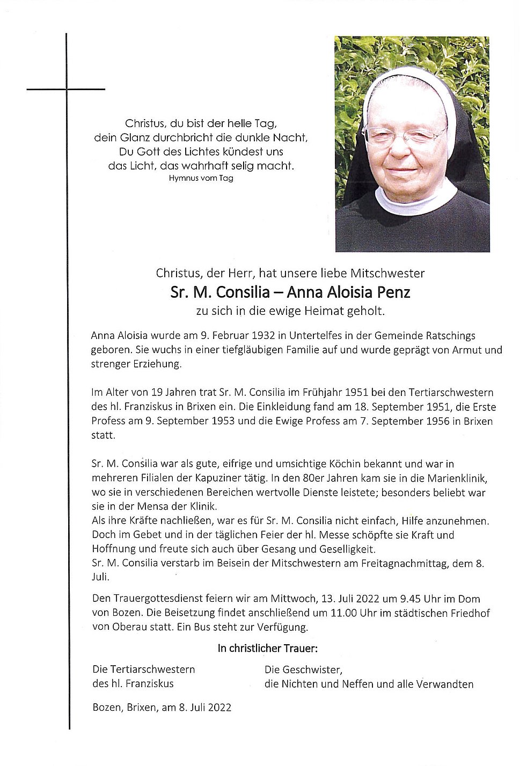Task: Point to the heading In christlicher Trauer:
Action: (x=267, y=649)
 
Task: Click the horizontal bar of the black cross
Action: (x=66, y=89)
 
